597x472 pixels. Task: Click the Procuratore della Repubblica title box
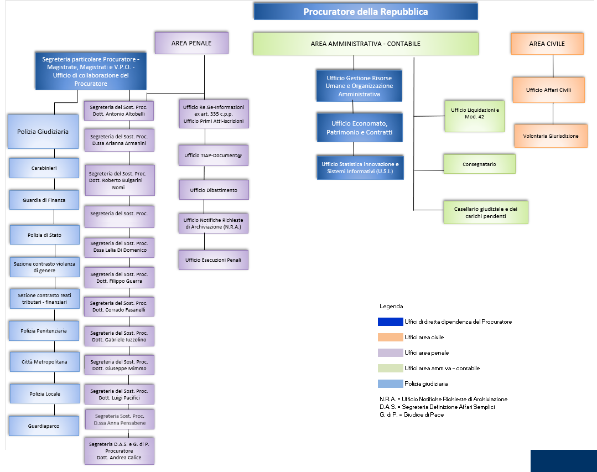coord(365,12)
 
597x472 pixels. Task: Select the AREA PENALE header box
coord(191,43)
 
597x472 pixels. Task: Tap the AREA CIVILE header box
coord(547,44)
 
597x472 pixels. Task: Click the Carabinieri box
coord(44,167)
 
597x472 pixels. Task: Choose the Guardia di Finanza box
coord(44,200)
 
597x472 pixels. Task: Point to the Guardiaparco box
coord(44,426)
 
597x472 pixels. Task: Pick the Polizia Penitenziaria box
coord(44,330)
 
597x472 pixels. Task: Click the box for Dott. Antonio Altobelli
coord(119,111)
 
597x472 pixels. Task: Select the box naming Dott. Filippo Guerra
coord(119,278)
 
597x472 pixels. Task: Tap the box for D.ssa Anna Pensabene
coord(120,419)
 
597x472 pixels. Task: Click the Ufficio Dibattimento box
coord(214,190)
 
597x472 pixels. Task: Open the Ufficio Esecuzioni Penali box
coord(213,260)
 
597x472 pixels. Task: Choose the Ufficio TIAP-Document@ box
coord(213,155)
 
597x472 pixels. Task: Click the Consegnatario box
coord(479,164)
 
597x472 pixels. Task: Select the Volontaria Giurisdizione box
coord(551,136)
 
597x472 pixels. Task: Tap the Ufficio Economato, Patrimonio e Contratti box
coord(359,128)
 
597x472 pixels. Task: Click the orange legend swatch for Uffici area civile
coord(390,337)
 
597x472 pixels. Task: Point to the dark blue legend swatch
coord(390,321)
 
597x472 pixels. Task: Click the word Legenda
coord(391,306)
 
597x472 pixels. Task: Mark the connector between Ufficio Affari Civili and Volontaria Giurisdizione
coord(553,113)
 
